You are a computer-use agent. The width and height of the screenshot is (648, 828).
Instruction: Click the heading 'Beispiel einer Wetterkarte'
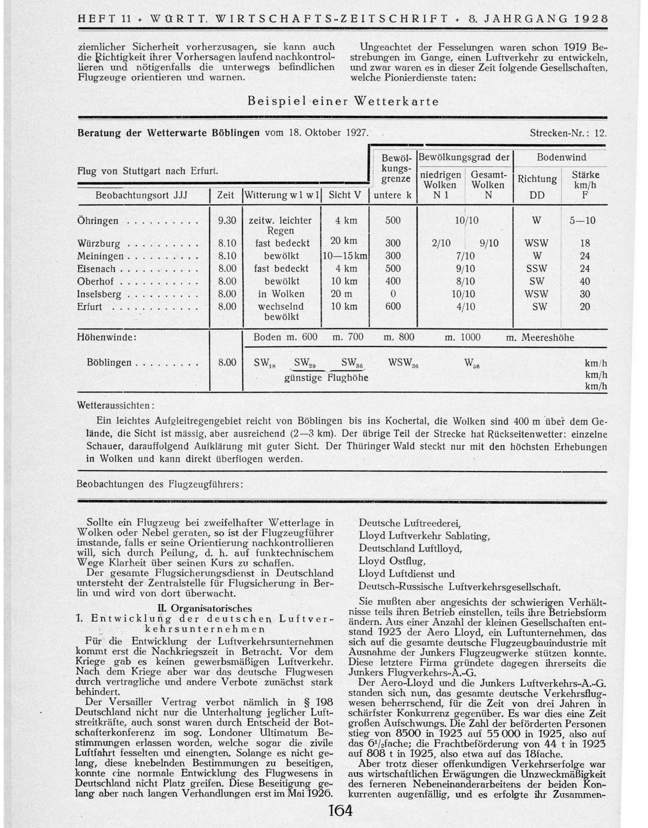[x=343, y=101]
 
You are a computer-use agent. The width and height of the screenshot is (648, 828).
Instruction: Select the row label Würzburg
[x=99, y=243]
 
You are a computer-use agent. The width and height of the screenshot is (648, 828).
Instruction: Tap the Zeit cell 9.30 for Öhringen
[x=227, y=221]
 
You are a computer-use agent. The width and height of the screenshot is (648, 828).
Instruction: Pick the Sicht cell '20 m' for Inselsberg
[x=345, y=294]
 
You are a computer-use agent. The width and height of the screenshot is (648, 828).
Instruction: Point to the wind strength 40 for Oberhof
[x=585, y=281]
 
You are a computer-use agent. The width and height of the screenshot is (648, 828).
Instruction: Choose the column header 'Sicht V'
[x=345, y=195]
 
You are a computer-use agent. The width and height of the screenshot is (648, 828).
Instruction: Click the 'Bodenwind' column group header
[x=561, y=157]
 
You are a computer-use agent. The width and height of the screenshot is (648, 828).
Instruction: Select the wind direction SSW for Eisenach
[x=537, y=269]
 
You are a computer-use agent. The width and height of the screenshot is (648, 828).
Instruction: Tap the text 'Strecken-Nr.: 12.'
[x=568, y=133]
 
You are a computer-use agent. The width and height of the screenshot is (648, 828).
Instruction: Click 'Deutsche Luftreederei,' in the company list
[x=409, y=523]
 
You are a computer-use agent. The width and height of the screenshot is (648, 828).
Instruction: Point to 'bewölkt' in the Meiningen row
[x=281, y=256]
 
